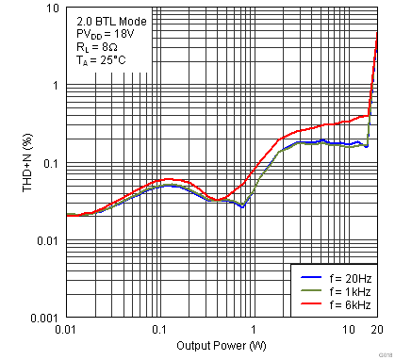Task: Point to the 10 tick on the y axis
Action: [54, 8]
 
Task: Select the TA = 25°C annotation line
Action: [99, 60]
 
